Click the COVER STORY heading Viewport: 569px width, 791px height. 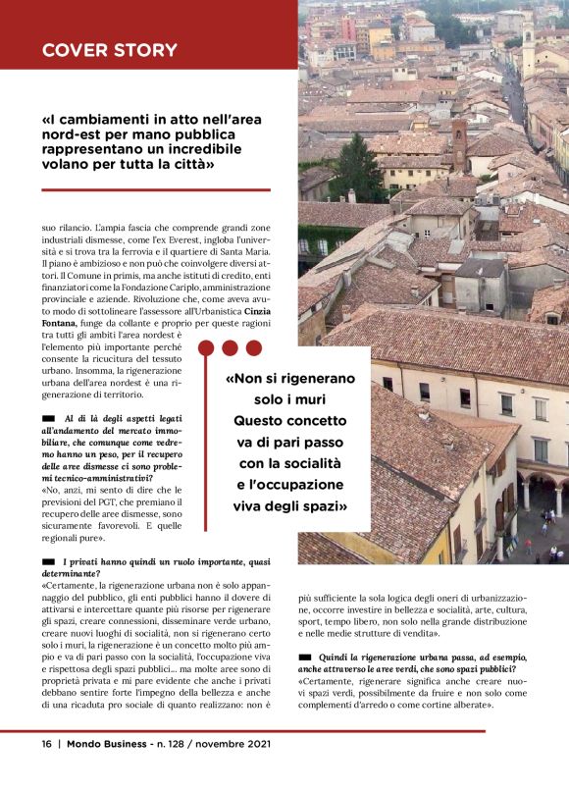[109, 49]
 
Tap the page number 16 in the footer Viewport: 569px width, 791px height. [46, 744]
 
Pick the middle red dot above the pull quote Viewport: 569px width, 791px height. [229, 347]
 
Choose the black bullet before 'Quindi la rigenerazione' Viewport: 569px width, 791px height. [304, 655]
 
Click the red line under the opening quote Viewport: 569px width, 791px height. [142, 189]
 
